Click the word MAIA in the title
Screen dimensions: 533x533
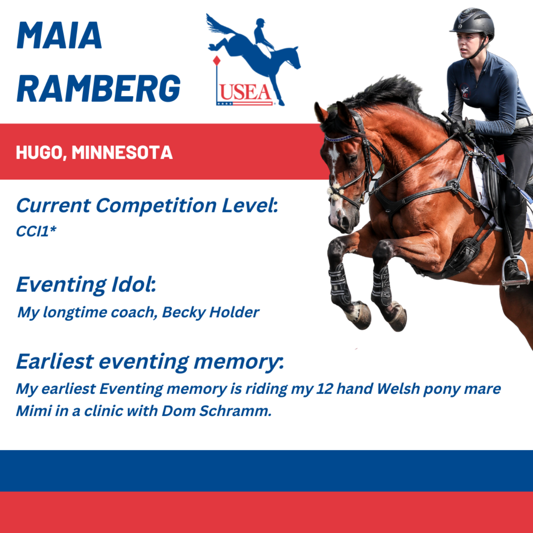(59, 35)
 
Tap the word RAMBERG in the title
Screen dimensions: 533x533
(99, 88)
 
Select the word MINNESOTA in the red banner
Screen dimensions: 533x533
(122, 152)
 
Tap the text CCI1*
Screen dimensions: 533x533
(36, 231)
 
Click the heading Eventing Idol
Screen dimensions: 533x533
(86, 285)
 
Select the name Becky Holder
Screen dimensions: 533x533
(211, 313)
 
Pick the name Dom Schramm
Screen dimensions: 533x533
(216, 411)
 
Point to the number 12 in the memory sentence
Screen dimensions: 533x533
(324, 389)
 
